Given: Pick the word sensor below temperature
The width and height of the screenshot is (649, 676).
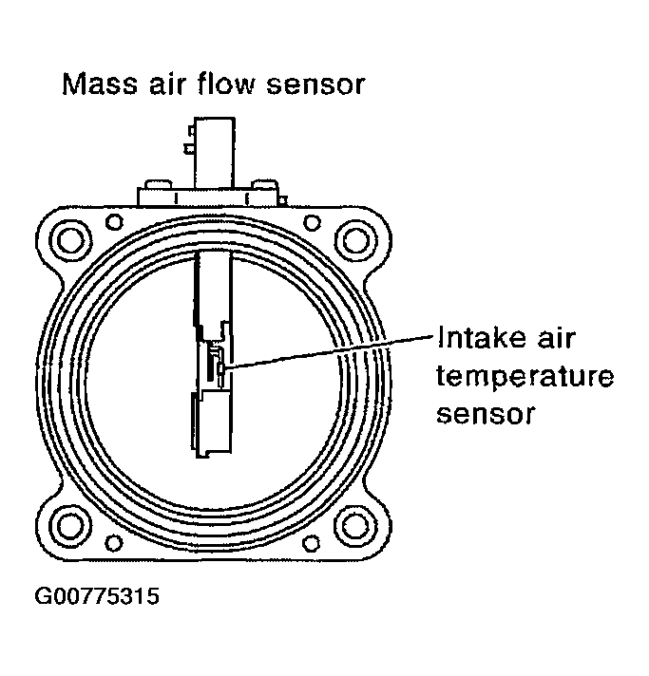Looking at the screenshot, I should pos(486,415).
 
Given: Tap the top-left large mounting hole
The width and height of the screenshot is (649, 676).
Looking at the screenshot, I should pos(69,237).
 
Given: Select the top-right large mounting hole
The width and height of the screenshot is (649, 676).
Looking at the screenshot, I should pos(355,237).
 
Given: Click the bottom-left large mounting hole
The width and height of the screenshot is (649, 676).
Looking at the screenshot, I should pos(69,524).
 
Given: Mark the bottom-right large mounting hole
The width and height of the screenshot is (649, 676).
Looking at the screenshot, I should pos(355,524).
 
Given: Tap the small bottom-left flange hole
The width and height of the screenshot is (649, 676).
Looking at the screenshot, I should pos(114,542).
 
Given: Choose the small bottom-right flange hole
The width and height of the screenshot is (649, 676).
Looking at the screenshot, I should pos(311,542).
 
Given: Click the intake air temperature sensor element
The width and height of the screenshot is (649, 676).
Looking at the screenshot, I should pos(218,365).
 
